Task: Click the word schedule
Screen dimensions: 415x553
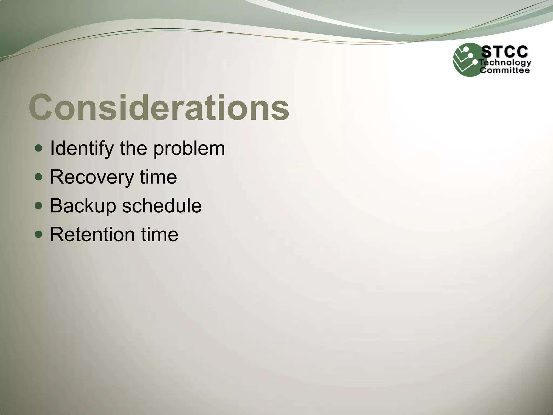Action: (162, 206)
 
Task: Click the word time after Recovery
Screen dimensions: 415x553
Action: (158, 177)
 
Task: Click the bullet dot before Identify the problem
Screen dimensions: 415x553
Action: (39, 148)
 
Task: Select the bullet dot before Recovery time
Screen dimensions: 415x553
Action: (39, 177)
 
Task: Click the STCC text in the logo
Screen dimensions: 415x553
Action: (505, 52)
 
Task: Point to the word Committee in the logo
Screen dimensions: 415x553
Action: (505, 71)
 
